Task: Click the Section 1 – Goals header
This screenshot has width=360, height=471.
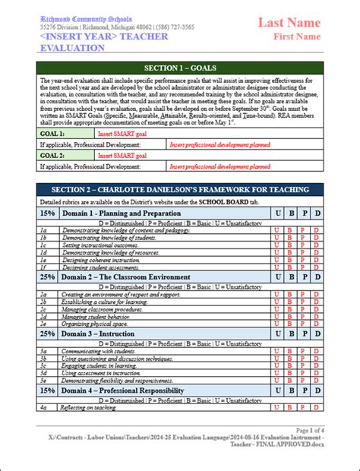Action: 180,68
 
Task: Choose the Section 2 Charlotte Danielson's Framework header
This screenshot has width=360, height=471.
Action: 180,189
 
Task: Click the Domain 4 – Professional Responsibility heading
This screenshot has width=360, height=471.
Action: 122,390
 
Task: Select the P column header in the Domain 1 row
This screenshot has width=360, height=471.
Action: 303,213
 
